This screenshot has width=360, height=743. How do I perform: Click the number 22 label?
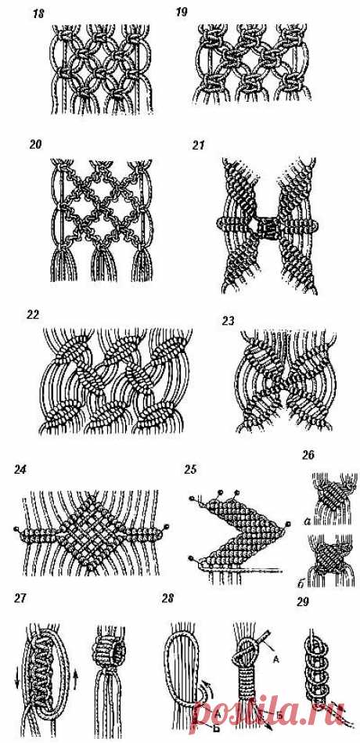pyautogui.click(x=34, y=315)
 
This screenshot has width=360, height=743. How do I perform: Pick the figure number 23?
pyautogui.click(x=229, y=321)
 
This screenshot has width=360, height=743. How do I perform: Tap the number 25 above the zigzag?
pyautogui.click(x=193, y=470)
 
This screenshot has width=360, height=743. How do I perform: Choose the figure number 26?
pyautogui.click(x=308, y=456)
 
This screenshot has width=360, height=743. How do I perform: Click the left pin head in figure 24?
pyautogui.click(x=17, y=528)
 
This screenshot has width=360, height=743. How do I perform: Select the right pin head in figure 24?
pyautogui.click(x=167, y=526)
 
